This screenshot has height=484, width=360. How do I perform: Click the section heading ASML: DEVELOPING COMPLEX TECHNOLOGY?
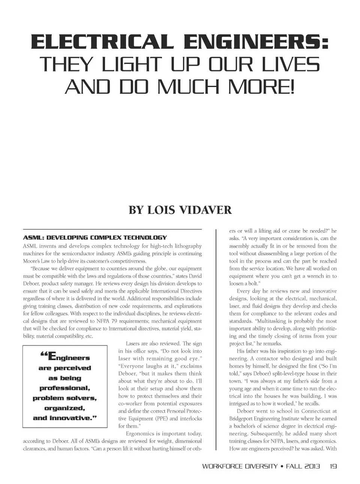click(95, 237)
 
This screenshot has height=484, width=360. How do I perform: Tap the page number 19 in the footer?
click(333, 466)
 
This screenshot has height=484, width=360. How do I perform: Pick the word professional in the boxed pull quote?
click(64, 388)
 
